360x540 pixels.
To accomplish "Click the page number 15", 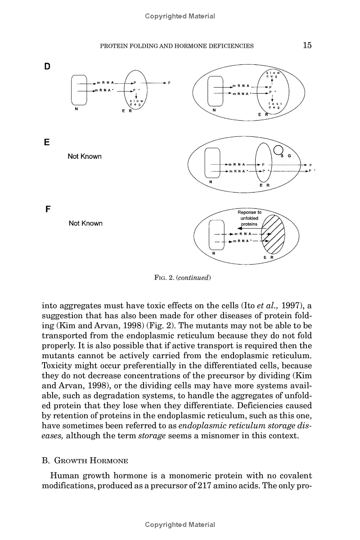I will pos(307,45).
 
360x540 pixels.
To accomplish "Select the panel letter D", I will pos(47,67).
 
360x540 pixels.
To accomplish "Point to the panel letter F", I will pos(47,210).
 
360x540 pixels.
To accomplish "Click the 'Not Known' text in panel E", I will pos(85,157).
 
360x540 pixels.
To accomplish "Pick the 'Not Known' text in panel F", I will pos(85,223).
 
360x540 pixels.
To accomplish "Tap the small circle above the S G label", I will pos(279,150).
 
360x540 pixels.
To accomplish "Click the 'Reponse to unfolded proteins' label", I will pos(249,218).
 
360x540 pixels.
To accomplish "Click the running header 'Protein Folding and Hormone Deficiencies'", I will pos(176,45).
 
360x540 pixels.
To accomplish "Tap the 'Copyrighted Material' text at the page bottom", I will pos(180,525).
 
